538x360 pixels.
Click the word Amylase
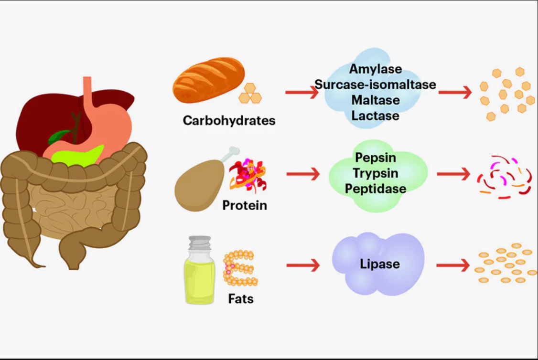375,69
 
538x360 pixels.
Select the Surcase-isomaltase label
375,85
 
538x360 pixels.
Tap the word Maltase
375,100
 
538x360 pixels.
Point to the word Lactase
375,116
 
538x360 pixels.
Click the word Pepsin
375,158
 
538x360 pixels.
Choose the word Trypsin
375,173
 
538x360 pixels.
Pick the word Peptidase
375,188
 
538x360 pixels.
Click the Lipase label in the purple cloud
379,264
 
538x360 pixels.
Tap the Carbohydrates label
229,120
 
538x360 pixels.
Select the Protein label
244,205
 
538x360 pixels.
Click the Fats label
240,299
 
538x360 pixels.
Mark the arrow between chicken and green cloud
303,174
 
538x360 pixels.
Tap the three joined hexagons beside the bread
250,94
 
